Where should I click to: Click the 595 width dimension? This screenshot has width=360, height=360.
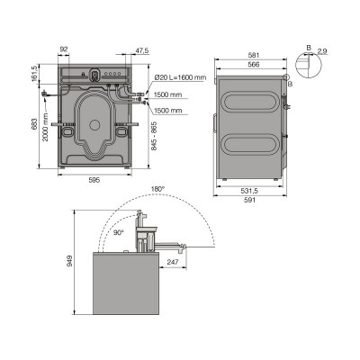point(94,179)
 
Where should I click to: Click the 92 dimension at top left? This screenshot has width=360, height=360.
point(64,50)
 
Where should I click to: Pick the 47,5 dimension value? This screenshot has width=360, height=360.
point(141,50)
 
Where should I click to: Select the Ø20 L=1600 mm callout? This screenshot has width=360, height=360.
point(178,77)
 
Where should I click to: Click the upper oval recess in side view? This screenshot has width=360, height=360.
point(252,98)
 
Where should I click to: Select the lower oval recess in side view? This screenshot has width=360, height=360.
point(252,141)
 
